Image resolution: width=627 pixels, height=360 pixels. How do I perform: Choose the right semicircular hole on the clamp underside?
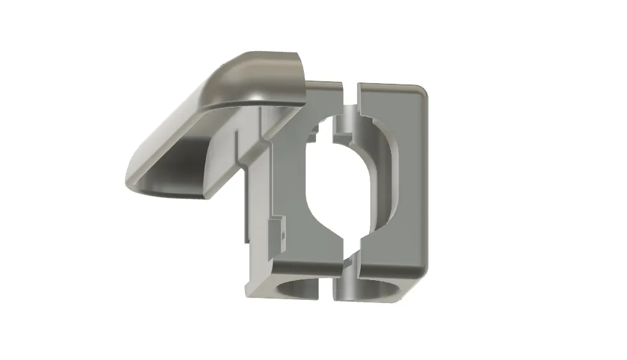coord(377,288)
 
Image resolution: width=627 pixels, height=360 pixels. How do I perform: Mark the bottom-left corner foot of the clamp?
coord(253,291)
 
